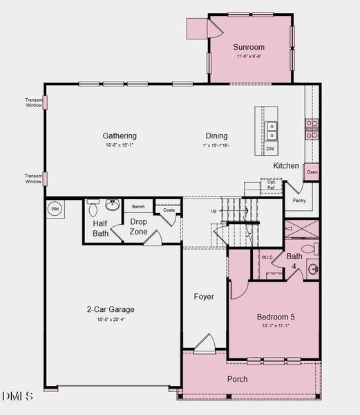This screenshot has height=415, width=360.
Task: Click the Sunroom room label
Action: click(249, 47)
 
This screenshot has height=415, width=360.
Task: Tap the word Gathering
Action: click(120, 136)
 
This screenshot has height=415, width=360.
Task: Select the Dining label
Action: click(216, 136)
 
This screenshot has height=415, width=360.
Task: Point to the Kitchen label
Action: click(286, 165)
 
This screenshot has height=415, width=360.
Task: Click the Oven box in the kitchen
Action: click(312, 172)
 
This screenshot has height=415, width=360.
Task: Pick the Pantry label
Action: click(299, 201)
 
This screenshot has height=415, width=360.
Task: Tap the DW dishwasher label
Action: click(270, 149)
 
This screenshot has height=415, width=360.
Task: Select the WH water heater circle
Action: click(55, 208)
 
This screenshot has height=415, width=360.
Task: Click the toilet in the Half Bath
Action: click(94, 205)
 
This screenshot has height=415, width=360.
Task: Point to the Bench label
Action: click(138, 207)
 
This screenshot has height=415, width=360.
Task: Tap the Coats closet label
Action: click(169, 210)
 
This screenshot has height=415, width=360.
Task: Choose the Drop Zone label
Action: click(138, 226)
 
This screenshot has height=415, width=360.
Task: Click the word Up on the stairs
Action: click(214, 210)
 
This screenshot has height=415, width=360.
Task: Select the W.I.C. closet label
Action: click(268, 257)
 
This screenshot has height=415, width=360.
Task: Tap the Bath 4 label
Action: click(294, 261)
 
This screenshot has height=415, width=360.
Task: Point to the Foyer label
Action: click(203, 297)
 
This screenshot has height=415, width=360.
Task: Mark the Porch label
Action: click(238, 378)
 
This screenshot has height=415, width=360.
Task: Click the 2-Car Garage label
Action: click(111, 309)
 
